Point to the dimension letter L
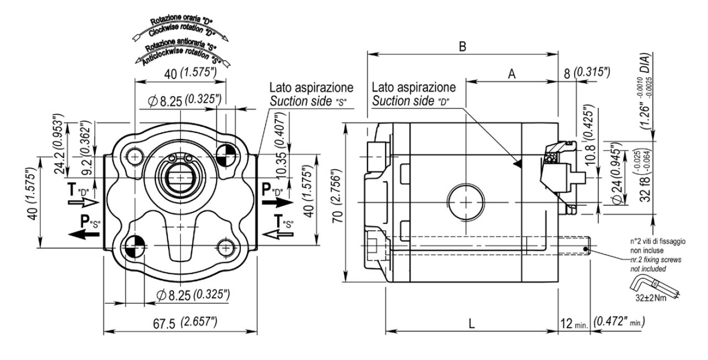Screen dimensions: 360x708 pyautogui.click(x=472, y=324)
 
